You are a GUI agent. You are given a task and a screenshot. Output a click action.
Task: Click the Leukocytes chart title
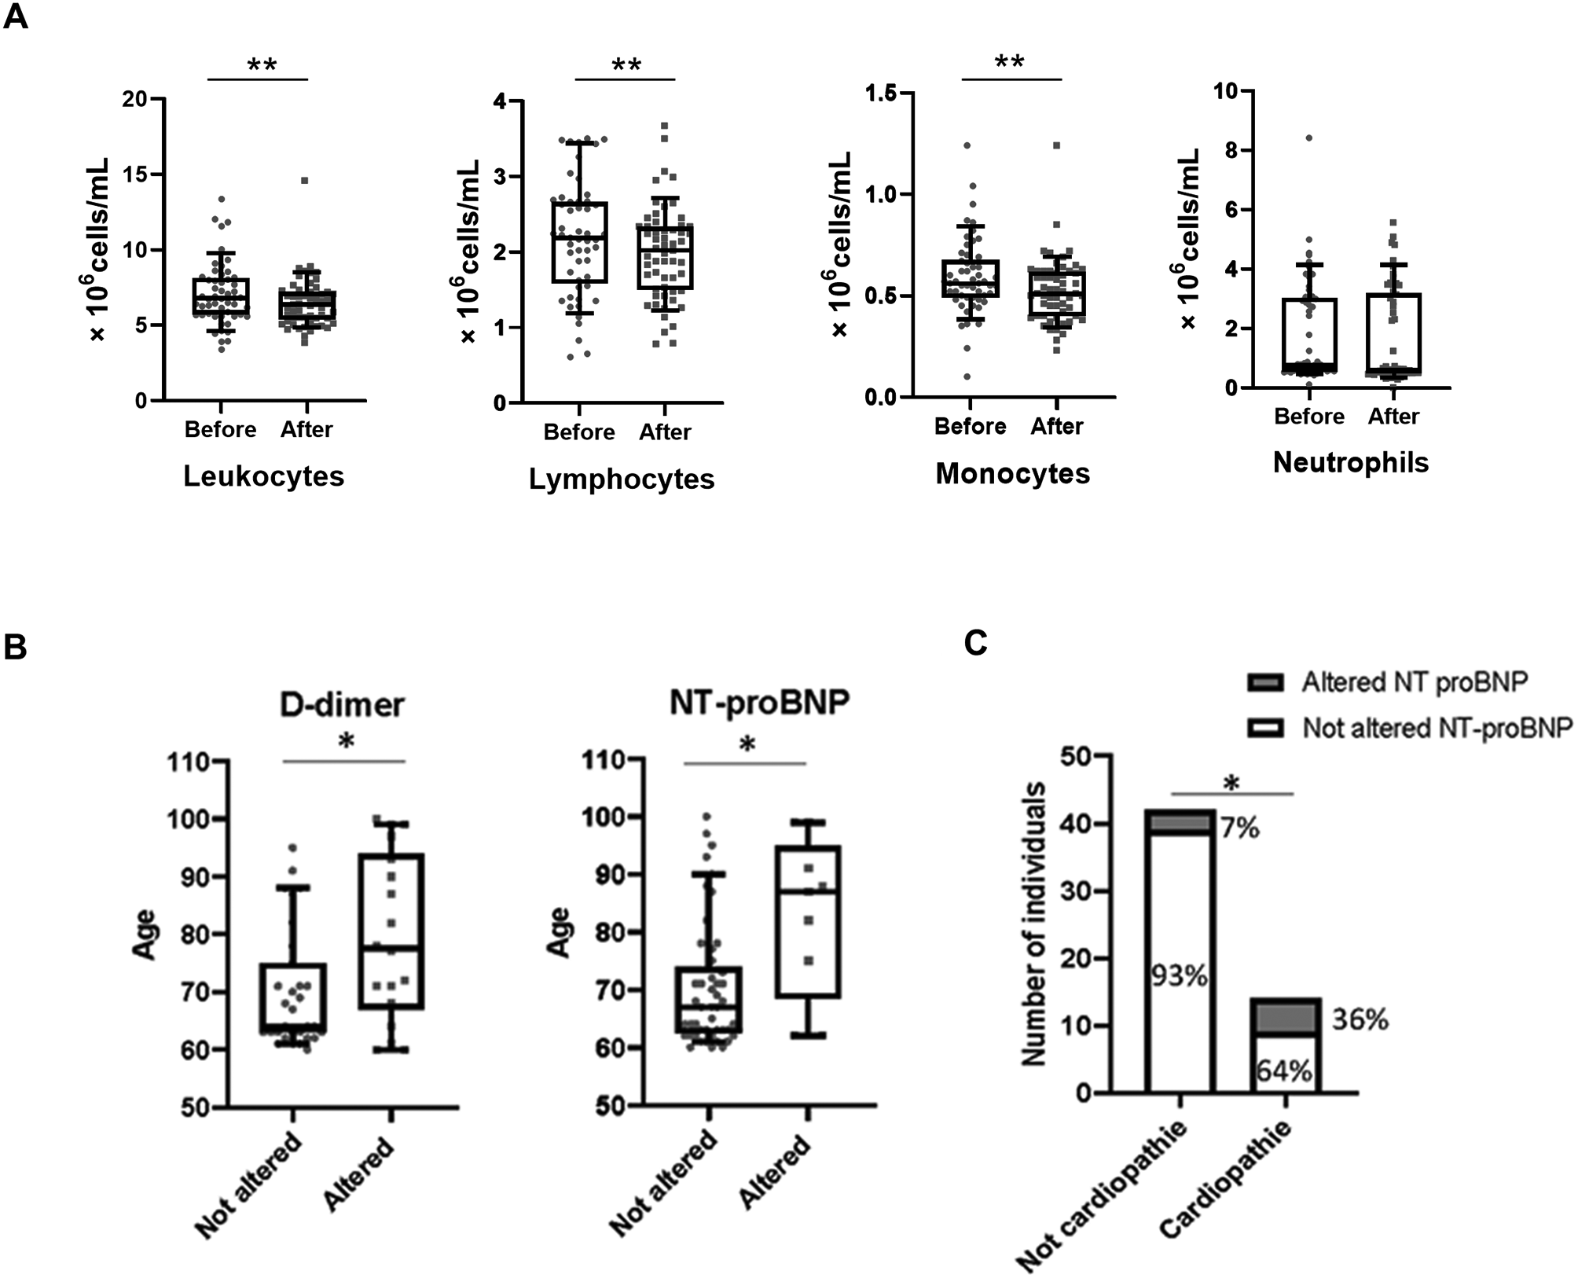[264, 476]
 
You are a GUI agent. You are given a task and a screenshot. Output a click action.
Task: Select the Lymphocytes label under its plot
[622, 479]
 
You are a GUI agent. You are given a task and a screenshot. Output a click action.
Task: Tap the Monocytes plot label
[1012, 474]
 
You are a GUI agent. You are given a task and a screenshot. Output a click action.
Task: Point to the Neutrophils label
[1350, 463]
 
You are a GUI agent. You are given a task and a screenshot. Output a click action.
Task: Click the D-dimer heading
[342, 705]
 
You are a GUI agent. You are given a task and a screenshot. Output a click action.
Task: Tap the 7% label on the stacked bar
[1240, 828]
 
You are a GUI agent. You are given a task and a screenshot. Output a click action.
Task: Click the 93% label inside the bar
[1180, 975]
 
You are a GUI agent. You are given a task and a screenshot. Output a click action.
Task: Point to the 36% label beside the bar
[1360, 1020]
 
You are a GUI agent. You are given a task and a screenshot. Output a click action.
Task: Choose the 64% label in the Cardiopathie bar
[1284, 1071]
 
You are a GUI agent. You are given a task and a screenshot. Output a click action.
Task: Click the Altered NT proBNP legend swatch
[1265, 682]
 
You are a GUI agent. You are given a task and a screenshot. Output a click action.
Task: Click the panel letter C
[976, 644]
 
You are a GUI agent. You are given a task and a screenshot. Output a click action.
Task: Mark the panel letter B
[16, 648]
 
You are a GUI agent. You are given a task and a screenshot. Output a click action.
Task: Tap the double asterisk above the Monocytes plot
[1010, 61]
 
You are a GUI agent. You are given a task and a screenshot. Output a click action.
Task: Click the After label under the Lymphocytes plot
[665, 432]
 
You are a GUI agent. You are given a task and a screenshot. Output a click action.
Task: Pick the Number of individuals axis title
[1036, 924]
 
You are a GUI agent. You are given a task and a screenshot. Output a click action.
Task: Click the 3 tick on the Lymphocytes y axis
[498, 176]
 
